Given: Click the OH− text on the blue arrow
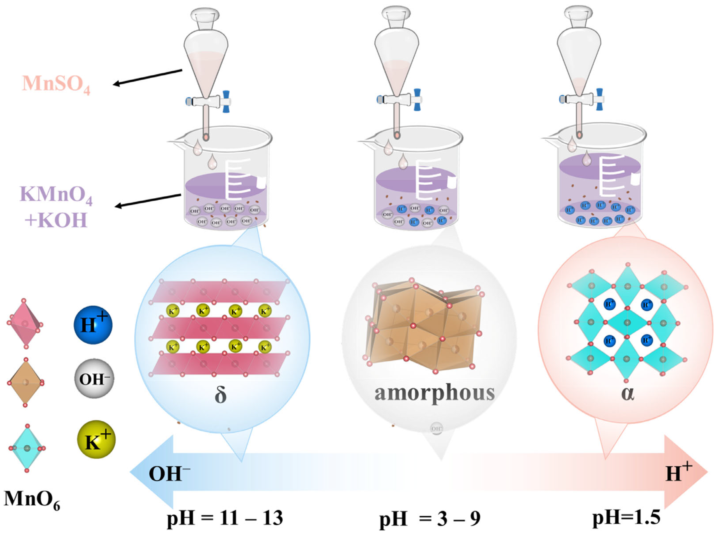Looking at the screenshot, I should [x=169, y=474].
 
